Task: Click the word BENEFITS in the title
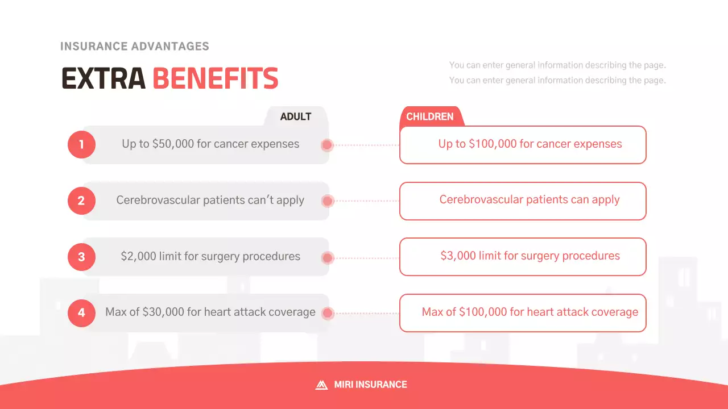(215, 78)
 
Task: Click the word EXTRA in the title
(104, 78)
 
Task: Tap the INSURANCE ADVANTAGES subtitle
(135, 47)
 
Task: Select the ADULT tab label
(296, 116)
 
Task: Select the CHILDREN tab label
(430, 116)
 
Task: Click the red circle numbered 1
(81, 144)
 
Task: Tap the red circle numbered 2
(81, 201)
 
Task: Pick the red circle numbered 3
(81, 257)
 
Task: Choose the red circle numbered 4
(81, 313)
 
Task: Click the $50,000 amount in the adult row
(173, 144)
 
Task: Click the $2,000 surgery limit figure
(138, 256)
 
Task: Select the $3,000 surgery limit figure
(458, 256)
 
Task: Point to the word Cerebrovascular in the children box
(479, 199)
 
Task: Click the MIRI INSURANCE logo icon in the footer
(321, 385)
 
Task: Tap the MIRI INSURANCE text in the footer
(370, 385)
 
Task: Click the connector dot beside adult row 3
(327, 258)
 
